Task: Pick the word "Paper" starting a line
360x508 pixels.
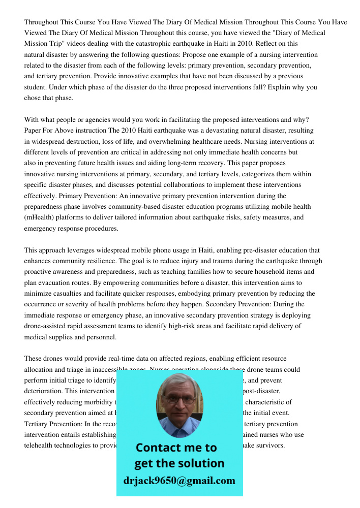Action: tap(33, 131)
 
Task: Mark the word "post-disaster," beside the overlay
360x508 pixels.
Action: tap(259, 391)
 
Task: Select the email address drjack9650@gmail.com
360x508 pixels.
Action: tap(179, 481)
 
